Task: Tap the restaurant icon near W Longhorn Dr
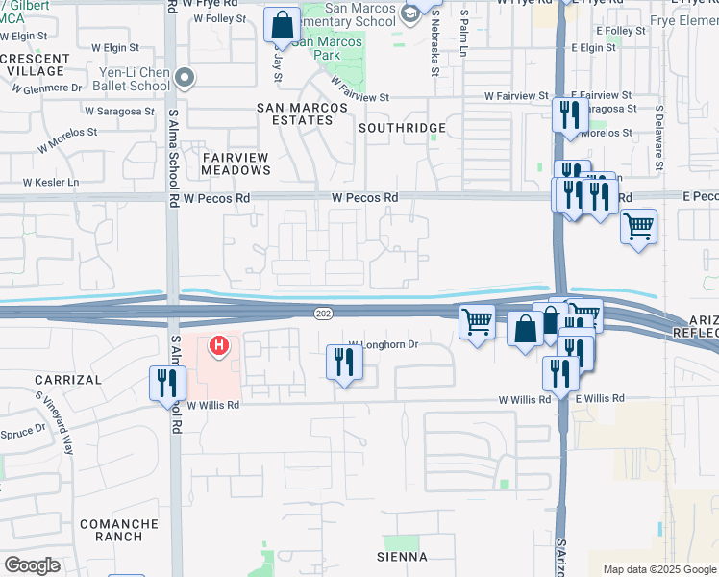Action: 343,362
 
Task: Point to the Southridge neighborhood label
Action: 402,128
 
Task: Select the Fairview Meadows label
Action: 236,163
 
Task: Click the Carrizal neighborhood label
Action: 67,380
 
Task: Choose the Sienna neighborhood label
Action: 401,557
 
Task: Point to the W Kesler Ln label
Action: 51,182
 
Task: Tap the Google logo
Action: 32,565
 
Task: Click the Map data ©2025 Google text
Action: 658,569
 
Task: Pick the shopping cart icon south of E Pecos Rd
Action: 638,228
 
